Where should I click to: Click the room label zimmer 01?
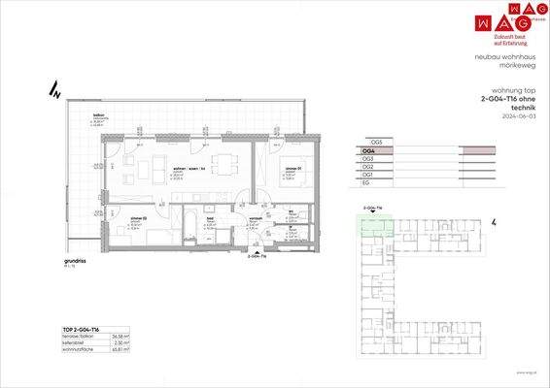click(x=292, y=169)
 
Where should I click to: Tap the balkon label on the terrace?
click(x=98, y=114)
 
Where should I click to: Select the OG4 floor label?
click(x=368, y=150)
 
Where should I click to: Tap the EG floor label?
click(x=365, y=182)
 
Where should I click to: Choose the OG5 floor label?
click(x=368, y=142)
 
